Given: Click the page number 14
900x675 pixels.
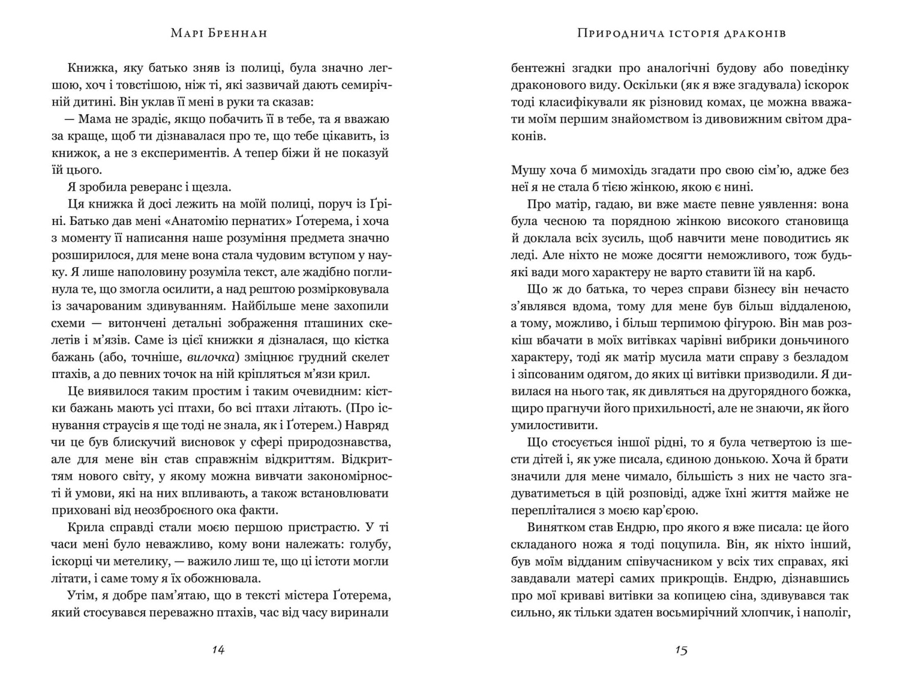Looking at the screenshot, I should pyautogui.click(x=218, y=650).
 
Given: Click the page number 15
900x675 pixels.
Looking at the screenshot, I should pyautogui.click(x=681, y=650).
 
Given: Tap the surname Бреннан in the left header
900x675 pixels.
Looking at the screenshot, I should pyautogui.click(x=239, y=33).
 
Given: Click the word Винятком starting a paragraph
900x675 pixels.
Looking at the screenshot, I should pyautogui.click(x=557, y=528).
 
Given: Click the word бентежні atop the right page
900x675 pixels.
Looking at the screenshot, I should pyautogui.click(x=538, y=68).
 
